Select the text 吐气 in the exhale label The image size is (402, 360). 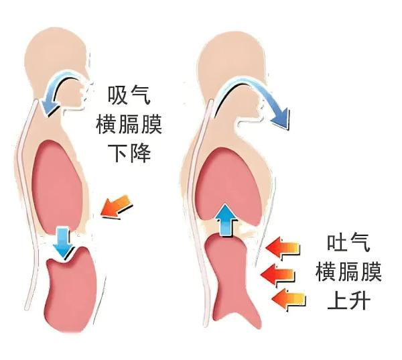tap(349, 243)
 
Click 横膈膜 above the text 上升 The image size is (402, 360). tap(349, 272)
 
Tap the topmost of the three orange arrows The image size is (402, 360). tap(282, 248)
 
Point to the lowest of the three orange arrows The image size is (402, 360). tap(287, 298)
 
